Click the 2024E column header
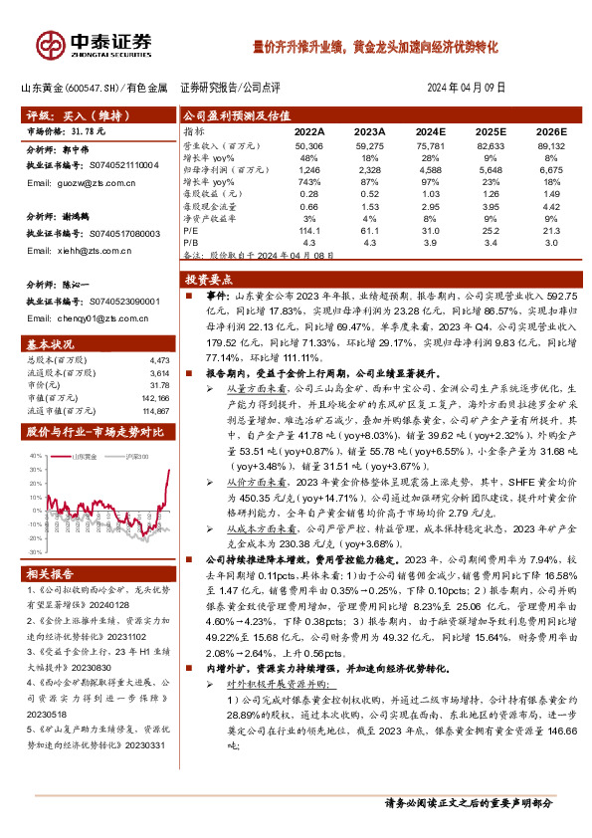[430, 131]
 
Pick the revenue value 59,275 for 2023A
[370, 145]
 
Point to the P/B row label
[190, 242]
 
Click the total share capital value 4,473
[157, 359]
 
